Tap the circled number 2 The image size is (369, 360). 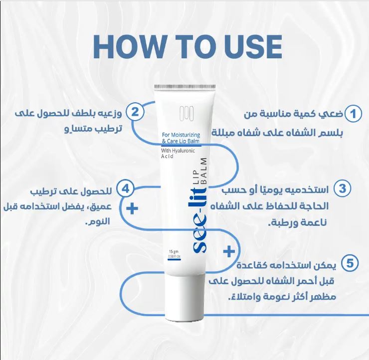pyautogui.click(x=134, y=111)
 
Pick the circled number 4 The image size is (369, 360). pyautogui.click(x=126, y=188)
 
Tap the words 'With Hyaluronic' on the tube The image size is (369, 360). pyautogui.click(x=178, y=150)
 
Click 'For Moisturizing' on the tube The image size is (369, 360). pyautogui.click(x=180, y=135)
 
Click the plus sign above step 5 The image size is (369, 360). pyautogui.click(x=229, y=251)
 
